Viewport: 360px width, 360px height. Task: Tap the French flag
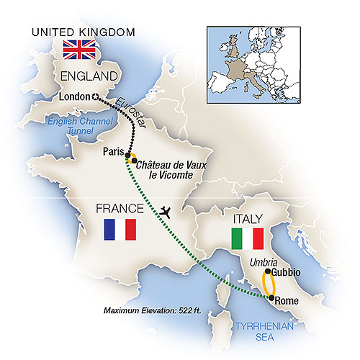pos(120,229)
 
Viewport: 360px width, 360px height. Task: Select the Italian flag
pos(246,239)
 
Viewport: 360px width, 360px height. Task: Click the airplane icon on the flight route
pos(168,212)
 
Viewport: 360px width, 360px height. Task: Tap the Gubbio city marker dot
pos(267,273)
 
